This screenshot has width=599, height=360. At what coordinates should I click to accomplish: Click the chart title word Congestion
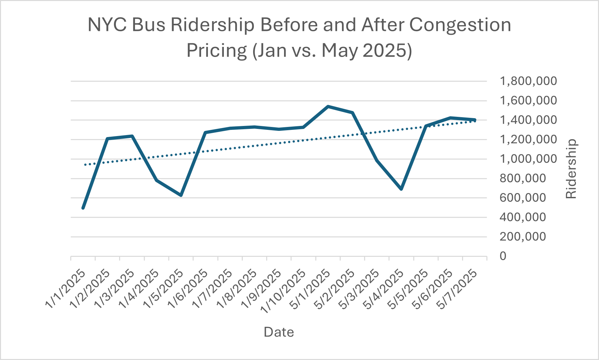pos(460,25)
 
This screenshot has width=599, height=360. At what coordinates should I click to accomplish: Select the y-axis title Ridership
pos(571,169)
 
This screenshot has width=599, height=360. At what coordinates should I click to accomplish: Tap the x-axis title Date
pos(279,332)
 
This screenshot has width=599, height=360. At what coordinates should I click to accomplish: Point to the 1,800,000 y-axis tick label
pos(528,81)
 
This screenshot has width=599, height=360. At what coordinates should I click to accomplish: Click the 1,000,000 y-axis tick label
pos(528,159)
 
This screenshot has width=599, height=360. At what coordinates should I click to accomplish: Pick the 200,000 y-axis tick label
pos(523,237)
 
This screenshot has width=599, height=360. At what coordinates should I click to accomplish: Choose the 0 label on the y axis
pos(503,256)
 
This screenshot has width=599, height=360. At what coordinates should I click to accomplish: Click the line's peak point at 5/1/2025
pos(328,106)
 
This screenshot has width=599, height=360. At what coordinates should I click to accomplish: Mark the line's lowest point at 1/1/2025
pos(83,208)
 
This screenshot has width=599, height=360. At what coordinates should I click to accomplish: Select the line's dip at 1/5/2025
pos(181,195)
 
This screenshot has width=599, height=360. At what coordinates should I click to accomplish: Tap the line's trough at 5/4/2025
pos(401,189)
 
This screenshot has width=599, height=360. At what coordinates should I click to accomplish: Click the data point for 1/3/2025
pos(132,136)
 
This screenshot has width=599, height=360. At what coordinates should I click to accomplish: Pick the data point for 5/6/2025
pos(450,118)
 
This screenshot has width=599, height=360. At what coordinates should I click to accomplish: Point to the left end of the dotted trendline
pos(85,165)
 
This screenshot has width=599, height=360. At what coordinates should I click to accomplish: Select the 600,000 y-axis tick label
pos(523,198)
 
